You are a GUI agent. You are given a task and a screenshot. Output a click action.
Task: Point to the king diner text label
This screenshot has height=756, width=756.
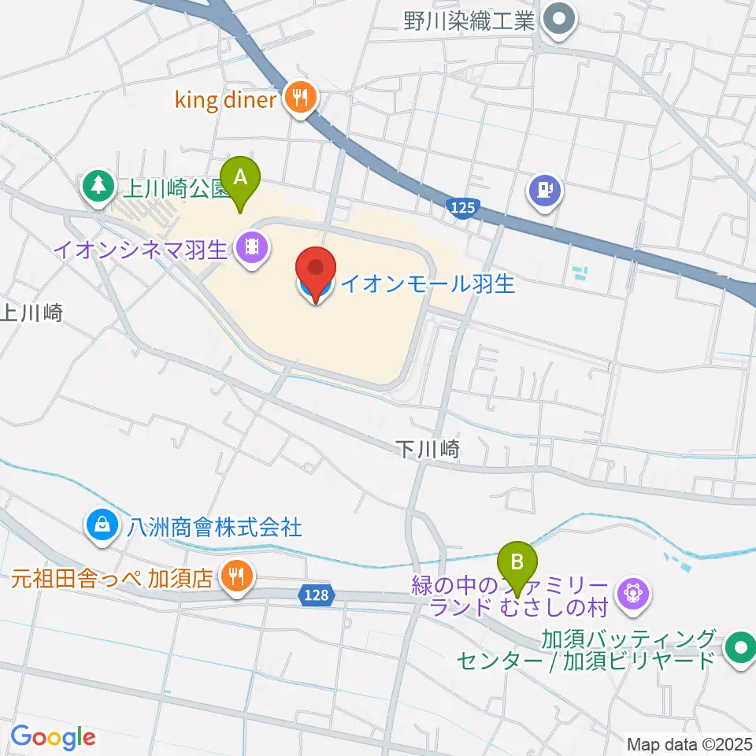(224, 100)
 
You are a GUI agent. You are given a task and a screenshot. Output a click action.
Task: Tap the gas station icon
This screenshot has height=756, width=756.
(545, 189)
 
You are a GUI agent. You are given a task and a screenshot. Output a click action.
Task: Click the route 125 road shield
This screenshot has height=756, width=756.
(462, 207)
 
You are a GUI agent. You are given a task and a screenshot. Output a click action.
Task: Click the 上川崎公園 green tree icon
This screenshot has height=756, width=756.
(98, 187)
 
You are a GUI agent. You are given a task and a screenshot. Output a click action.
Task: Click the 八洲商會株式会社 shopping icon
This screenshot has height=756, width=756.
(102, 522)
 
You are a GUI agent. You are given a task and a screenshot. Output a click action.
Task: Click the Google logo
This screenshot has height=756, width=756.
(52, 737)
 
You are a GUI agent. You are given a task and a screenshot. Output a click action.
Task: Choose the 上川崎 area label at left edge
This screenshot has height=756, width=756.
(30, 313)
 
